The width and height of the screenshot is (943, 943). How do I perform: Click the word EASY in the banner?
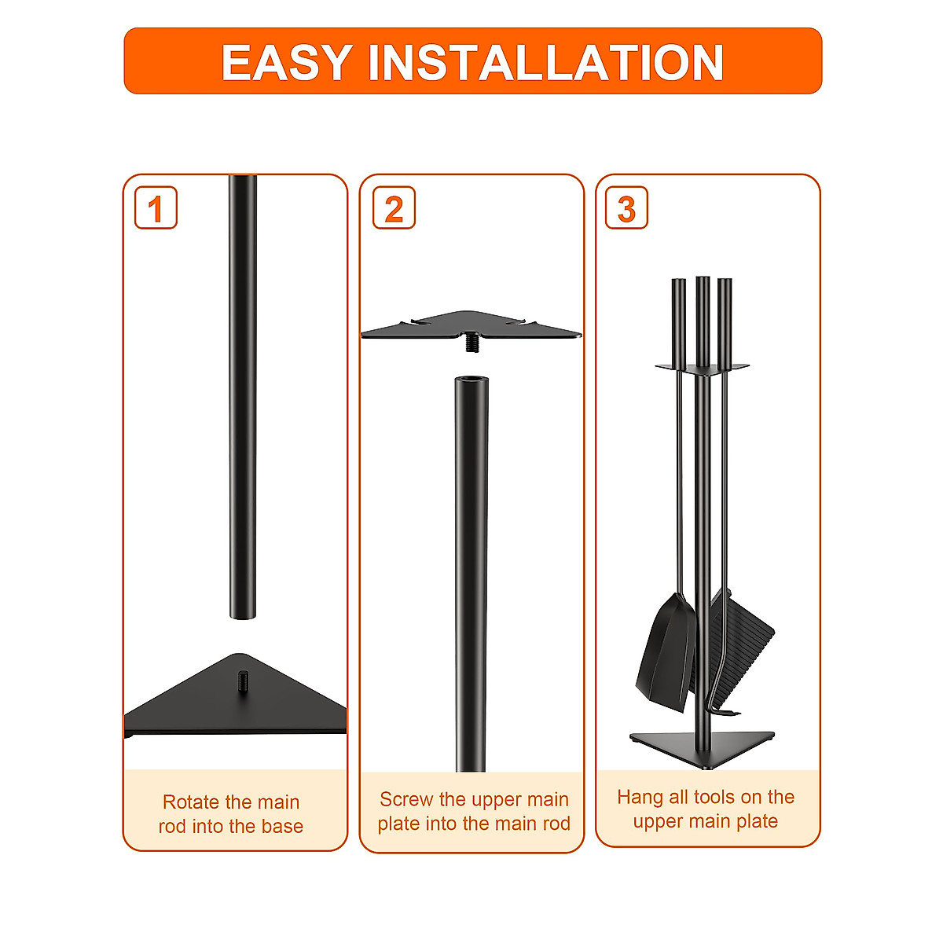click(286, 63)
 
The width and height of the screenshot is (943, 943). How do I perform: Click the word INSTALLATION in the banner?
click(545, 63)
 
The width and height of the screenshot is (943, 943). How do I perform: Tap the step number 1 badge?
click(156, 208)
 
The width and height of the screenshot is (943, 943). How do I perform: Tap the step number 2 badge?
click(394, 208)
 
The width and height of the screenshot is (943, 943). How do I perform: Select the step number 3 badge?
click(626, 208)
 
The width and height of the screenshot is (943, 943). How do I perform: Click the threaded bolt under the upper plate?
click(472, 342)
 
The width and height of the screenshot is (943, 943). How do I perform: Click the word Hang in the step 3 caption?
click(640, 798)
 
